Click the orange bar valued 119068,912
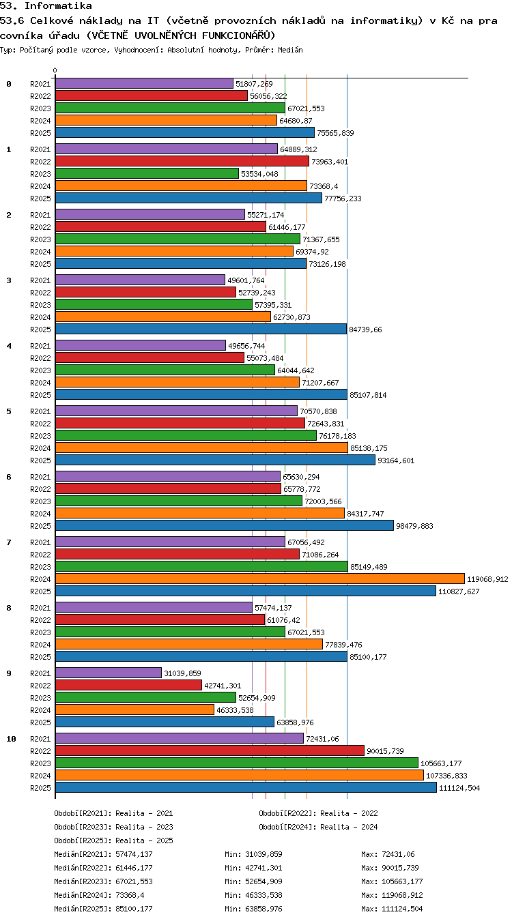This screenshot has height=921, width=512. [x=259, y=579]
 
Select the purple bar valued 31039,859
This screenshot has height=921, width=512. [x=109, y=673]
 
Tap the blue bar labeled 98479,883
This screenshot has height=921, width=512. [x=225, y=525]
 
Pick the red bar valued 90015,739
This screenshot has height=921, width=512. [x=210, y=750]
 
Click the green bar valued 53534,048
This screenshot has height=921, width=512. [x=147, y=173]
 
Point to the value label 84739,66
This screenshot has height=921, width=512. [x=365, y=330]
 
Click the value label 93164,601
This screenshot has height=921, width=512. [x=396, y=460]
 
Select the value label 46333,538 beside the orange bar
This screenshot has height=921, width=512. [x=235, y=710]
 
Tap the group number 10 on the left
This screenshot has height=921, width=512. [x=11, y=739]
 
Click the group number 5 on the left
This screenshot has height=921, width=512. [x=9, y=411]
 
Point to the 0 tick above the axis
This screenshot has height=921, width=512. [x=55, y=70]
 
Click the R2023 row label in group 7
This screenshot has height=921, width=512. [x=40, y=567]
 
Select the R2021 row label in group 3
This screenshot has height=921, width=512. [x=40, y=280]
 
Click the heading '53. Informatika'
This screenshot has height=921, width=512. [x=46, y=5]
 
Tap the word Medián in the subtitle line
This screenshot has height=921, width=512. [x=290, y=50]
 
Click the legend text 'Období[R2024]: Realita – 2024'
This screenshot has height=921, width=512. [x=318, y=827]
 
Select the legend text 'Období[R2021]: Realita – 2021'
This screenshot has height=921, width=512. [x=113, y=813]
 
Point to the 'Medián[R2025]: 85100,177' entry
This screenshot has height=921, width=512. [x=103, y=909]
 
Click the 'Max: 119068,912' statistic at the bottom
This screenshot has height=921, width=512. [x=393, y=895]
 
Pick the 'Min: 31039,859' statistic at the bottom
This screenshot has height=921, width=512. [x=253, y=854]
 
